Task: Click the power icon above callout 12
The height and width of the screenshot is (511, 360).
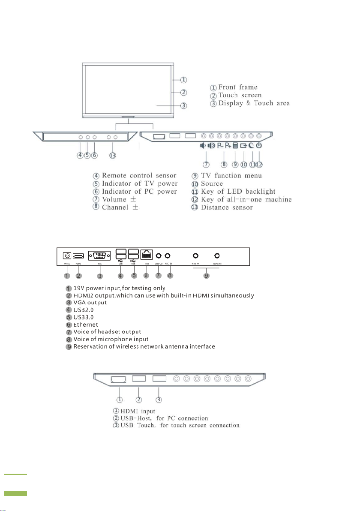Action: (259, 145)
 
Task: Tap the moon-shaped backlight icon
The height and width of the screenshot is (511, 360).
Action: (252, 145)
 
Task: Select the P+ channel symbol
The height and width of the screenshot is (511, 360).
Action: (227, 145)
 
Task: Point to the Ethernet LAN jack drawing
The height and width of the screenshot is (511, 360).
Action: (147, 254)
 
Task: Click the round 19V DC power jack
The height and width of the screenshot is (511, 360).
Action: (67, 254)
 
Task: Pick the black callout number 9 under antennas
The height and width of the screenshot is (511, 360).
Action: (206, 275)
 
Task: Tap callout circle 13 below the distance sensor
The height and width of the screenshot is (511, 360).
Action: (113, 156)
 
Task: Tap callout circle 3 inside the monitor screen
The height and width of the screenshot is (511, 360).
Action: (183, 106)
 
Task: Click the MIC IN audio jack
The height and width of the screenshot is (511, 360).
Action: (168, 254)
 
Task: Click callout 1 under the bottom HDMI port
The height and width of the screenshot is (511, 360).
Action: (120, 399)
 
